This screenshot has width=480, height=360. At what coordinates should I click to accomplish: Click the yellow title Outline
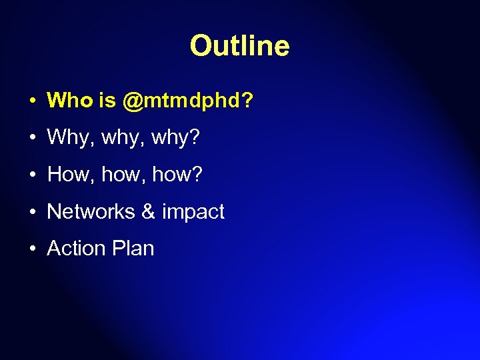pos(239,46)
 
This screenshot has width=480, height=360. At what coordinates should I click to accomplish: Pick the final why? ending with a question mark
pos(176,139)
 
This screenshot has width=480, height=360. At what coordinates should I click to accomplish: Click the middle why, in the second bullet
pos(122,139)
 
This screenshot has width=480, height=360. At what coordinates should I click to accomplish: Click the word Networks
pos(91,211)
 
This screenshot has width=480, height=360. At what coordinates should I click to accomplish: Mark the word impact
pos(193,212)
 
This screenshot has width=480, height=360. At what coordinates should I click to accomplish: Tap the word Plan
pos(133,248)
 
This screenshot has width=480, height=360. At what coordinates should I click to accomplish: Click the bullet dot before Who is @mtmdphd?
pos(32,102)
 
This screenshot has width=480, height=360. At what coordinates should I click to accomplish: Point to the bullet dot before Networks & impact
pos(32,213)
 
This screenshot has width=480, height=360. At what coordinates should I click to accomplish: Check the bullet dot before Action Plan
pos(32,249)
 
